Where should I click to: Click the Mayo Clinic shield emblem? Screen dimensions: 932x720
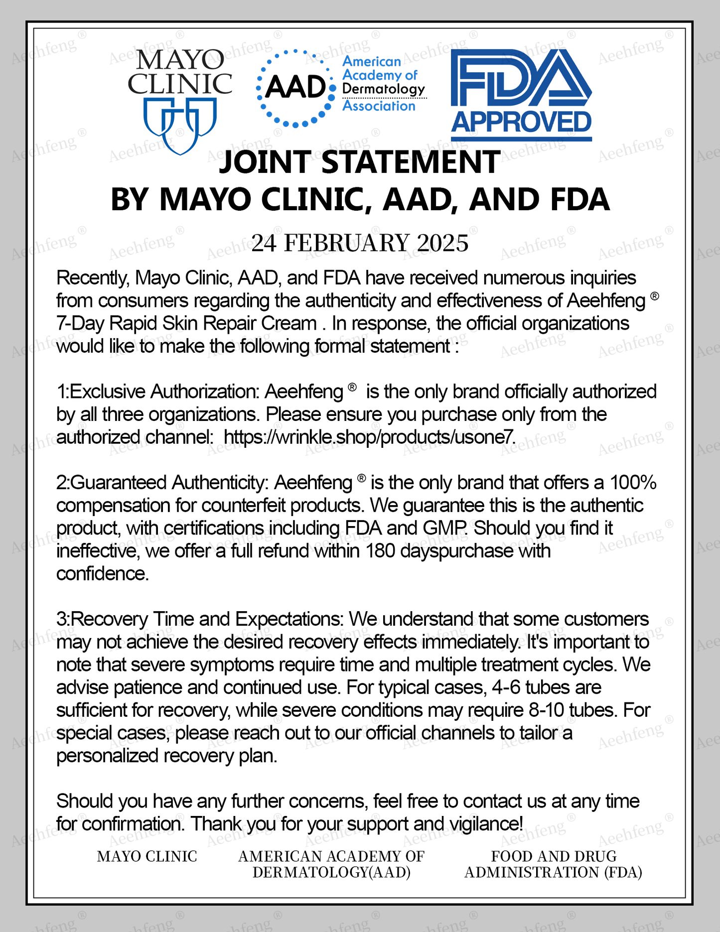pos(179,125)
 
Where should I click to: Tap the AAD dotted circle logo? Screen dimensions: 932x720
pos(295,88)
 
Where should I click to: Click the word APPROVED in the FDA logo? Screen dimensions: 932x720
pos(521,123)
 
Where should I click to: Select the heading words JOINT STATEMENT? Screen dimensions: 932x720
pos(360,162)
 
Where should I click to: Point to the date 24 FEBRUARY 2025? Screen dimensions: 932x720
pos(360,243)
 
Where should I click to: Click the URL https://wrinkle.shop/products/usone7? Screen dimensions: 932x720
pos(369,437)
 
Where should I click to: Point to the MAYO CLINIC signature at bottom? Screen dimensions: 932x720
pos(147,856)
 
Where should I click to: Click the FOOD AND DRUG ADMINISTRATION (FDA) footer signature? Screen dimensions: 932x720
pos(553,864)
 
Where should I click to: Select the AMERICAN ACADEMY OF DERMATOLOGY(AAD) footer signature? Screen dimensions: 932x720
pos(331,864)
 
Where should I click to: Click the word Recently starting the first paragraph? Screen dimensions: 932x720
pos(93,277)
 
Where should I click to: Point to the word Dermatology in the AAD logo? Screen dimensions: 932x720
pos(384,90)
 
